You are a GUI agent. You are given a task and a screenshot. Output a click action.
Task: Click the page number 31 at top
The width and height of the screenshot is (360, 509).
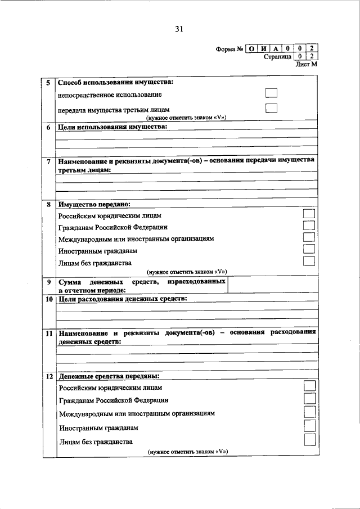pos(179,29)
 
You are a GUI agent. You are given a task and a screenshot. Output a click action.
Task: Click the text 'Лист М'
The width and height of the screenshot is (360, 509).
pos(307,65)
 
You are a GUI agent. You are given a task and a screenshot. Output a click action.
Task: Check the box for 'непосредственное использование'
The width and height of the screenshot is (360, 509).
pos(271,94)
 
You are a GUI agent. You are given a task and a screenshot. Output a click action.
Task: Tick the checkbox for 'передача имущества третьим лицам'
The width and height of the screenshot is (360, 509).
pos(271,109)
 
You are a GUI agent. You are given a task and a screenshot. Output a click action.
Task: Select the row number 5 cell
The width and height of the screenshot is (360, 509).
pos(49,83)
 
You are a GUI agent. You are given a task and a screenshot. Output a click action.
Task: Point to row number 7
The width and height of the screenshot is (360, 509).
pos(49,162)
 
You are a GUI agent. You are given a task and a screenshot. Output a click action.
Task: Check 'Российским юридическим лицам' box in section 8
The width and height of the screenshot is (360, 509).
pos(308,214)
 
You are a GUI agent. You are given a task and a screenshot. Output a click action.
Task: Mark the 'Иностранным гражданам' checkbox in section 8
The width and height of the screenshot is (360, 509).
pos(308,249)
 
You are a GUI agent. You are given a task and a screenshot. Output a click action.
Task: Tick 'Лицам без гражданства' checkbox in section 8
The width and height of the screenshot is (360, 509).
pos(308,261)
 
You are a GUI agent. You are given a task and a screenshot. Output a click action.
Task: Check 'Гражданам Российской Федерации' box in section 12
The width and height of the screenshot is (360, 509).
pos(309,399)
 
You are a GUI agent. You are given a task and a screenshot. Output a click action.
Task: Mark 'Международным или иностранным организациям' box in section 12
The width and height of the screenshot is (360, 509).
pos(309,412)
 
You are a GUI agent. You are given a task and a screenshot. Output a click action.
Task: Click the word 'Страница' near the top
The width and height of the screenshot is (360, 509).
pos(277,57)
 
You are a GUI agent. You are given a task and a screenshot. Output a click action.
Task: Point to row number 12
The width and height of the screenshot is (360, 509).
pos(49,376)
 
